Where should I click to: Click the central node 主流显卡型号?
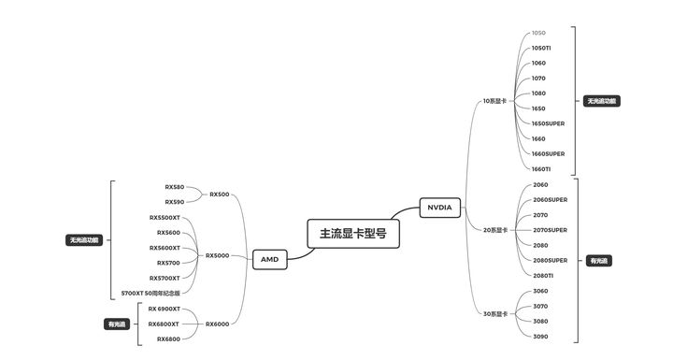pos(353,234)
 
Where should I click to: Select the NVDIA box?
pos(438,208)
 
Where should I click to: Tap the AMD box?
pos(269,259)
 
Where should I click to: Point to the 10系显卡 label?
pos(494,100)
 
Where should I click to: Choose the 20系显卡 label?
pos(494,230)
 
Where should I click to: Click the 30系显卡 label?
pos(494,313)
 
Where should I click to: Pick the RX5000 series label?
pos(217,255)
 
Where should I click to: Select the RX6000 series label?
pos(217,324)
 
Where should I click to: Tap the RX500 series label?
pos(219,194)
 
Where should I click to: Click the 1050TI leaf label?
pos(541,48)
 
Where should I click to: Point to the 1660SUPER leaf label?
pos(548,153)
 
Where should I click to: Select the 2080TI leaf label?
pos(542,276)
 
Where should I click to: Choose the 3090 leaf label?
pos(539,336)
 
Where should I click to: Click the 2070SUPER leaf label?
pos(550,230)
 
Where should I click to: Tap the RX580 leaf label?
pos(174,187)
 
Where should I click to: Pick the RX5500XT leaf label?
pos(165,217)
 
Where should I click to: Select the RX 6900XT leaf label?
pos(164,309)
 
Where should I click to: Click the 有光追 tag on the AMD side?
pos(116,324)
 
